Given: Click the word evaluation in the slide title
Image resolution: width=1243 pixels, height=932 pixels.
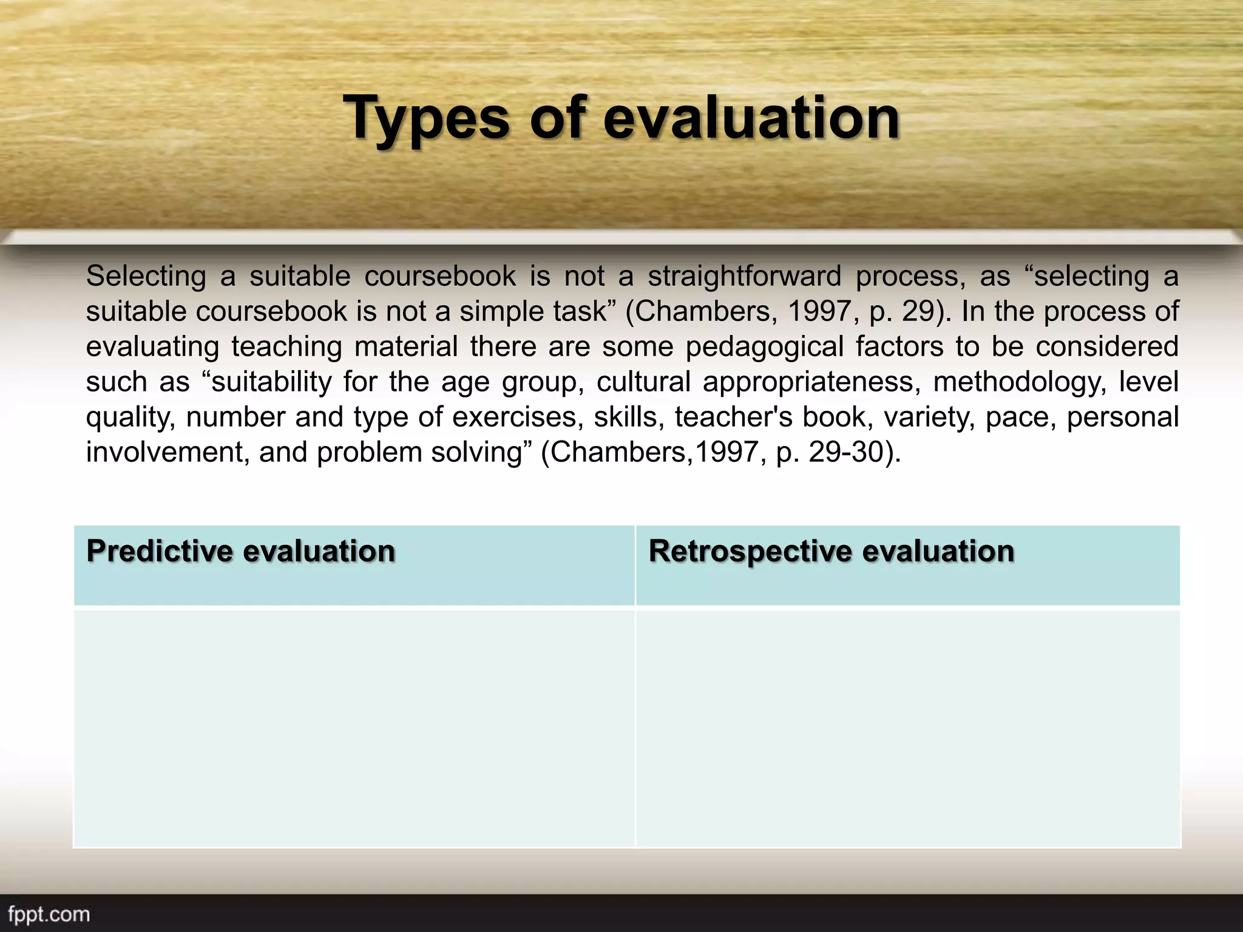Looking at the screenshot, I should coord(751,118).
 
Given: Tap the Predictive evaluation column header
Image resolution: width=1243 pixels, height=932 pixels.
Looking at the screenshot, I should coord(241,552).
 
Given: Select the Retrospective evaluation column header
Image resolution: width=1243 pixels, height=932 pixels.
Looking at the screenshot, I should coord(831,552).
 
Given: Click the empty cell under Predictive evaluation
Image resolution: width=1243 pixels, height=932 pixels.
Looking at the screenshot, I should coord(354,728).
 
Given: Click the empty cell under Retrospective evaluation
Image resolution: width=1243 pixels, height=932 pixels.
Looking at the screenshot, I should coord(908,728).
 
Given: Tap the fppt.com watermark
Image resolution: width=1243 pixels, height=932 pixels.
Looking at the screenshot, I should coord(49,914).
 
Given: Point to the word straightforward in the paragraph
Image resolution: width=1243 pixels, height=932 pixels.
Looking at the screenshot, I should coord(744,276).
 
